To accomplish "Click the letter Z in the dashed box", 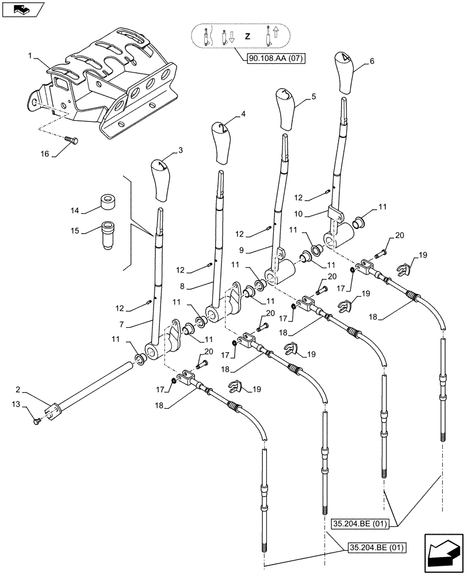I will [x=248, y=36].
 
